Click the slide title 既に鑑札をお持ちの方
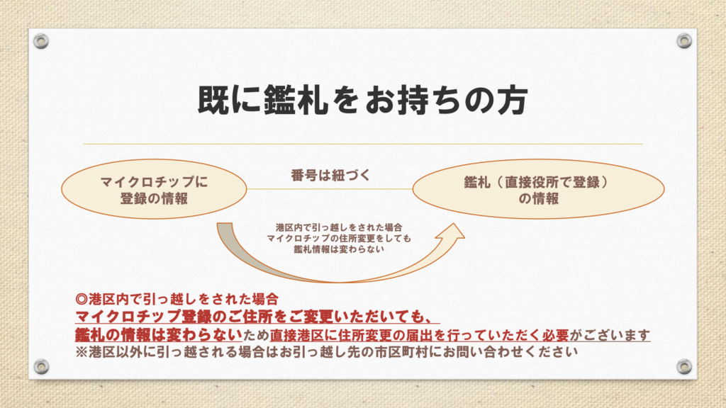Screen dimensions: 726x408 (x=362, y=100)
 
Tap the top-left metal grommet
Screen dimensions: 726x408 (x=41, y=41)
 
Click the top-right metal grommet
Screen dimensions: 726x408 (x=684, y=41)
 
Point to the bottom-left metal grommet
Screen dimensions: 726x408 (x=41, y=366)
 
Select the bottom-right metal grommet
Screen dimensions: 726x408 (x=684, y=366)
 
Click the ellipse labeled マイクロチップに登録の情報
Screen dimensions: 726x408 (x=154, y=188)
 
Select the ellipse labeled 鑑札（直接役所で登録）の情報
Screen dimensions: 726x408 (x=539, y=188)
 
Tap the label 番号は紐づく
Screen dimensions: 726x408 (x=330, y=176)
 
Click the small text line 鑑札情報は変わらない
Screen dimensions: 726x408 (x=339, y=249)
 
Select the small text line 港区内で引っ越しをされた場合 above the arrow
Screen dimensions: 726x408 (x=339, y=227)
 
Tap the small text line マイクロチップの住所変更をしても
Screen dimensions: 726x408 (x=339, y=239)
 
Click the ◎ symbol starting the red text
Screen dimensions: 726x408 (x=82, y=300)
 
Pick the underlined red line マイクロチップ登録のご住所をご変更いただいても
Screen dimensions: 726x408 (x=257, y=317)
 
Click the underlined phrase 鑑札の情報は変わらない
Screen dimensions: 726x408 (x=159, y=334)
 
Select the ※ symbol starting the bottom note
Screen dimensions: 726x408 (x=82, y=352)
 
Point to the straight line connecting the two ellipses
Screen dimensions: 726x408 (x=330, y=188)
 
